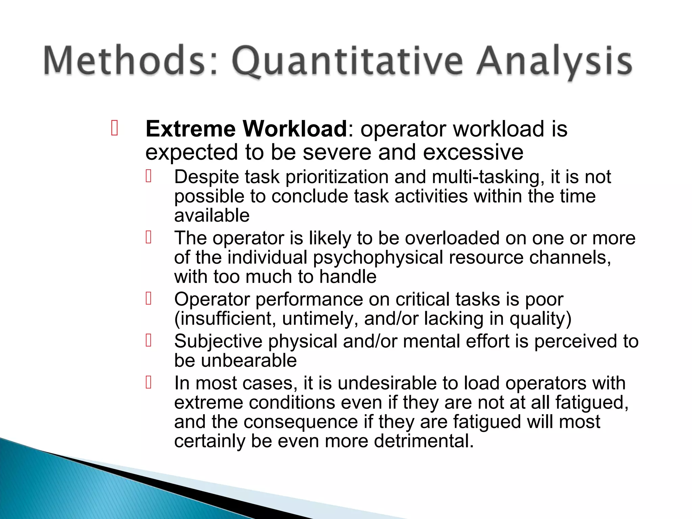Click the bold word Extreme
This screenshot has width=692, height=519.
pyautogui.click(x=191, y=129)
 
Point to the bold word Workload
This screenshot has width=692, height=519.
pyautogui.click(x=295, y=129)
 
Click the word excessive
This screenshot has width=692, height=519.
pyautogui.click(x=473, y=152)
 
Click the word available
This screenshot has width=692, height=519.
pyautogui.click(x=212, y=216)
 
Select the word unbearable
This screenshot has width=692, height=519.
pyautogui.click(x=249, y=361)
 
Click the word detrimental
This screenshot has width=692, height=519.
pyautogui.click(x=424, y=441)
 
